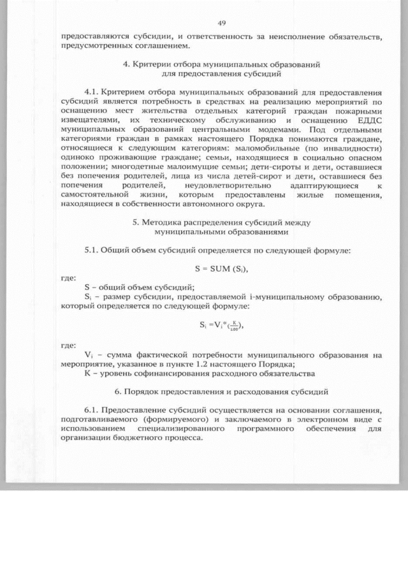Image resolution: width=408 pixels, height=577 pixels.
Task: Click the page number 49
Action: [222, 23]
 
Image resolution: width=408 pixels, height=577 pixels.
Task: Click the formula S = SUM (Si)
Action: [221, 268]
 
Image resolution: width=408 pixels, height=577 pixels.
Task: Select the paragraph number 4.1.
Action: [94, 92]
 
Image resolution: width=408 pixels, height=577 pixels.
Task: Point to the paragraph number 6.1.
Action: [94, 410]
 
